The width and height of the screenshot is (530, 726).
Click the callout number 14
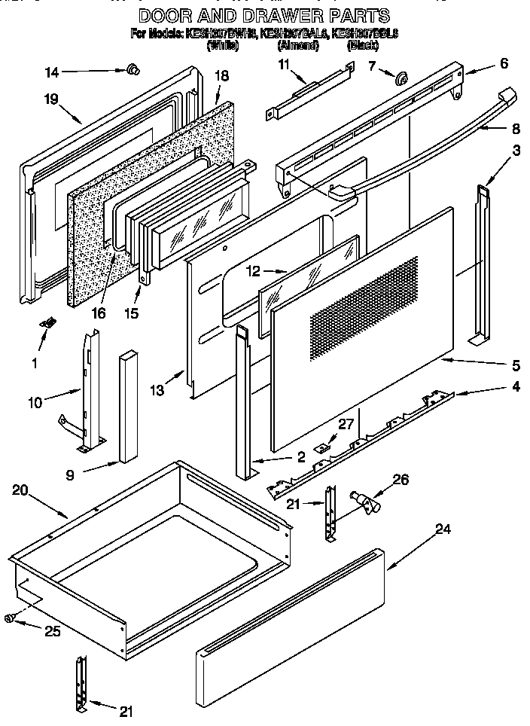[x=51, y=72]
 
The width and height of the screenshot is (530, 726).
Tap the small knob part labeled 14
[x=132, y=70]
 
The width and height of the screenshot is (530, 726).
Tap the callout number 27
[x=345, y=425]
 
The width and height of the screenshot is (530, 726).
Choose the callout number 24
[x=443, y=529]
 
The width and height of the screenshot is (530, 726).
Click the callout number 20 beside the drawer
[x=20, y=490]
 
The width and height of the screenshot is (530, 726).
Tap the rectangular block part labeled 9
[x=127, y=407]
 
